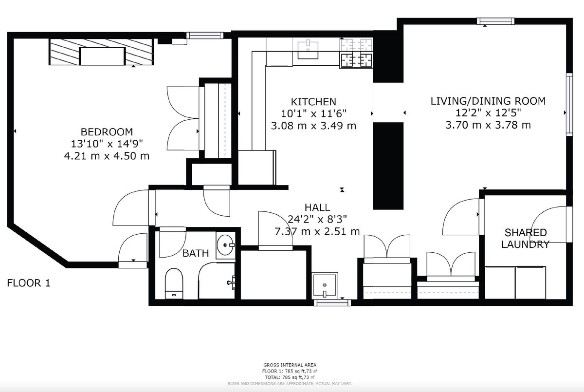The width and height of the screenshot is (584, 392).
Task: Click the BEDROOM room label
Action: (107, 132)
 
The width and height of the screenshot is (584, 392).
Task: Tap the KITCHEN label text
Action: (313, 102)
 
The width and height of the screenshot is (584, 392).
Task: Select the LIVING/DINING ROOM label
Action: (488, 101)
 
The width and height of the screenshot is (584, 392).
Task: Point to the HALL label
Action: (317, 207)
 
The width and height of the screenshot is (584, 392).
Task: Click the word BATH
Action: (196, 253)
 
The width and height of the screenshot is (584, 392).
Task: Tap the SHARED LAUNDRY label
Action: (525, 239)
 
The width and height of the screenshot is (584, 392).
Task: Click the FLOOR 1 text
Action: (28, 283)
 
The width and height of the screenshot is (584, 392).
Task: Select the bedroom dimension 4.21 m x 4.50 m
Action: (107, 156)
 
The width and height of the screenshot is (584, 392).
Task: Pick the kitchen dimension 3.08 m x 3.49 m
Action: (313, 126)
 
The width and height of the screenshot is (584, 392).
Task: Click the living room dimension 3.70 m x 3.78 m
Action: (488, 125)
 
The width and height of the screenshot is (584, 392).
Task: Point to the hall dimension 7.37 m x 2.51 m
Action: (317, 231)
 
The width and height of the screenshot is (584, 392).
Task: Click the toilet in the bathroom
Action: (174, 283)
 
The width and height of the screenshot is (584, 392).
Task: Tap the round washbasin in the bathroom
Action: (225, 245)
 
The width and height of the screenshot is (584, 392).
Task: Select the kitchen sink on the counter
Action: (308, 50)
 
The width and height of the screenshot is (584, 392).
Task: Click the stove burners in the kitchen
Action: (356, 53)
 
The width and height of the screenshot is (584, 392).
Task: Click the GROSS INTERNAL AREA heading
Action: (290, 365)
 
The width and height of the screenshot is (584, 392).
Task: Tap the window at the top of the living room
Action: (495, 21)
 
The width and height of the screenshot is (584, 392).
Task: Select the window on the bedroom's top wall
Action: (205, 35)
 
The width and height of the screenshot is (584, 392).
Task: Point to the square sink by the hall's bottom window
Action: (325, 285)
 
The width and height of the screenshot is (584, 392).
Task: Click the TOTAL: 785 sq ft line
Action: (290, 377)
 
